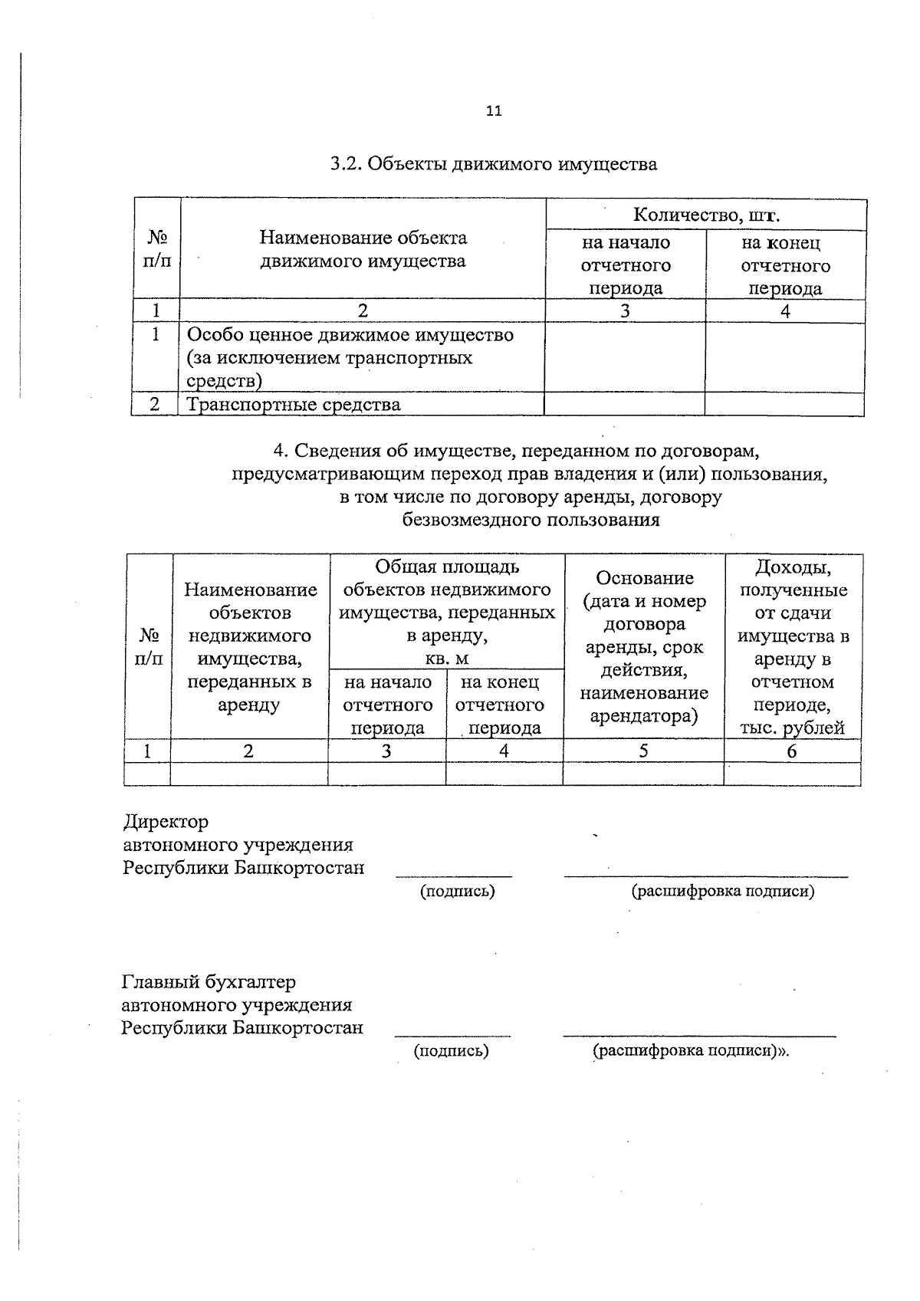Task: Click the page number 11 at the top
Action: [x=494, y=111]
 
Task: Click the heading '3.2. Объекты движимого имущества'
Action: [x=494, y=164]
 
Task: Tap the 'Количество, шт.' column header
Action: [x=706, y=215]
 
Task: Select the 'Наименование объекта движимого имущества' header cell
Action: [x=363, y=249]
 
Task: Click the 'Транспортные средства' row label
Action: [x=294, y=405]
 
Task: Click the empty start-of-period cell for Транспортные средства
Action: [x=624, y=405]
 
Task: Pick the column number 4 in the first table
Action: [x=785, y=311]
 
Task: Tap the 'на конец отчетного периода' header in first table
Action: [x=785, y=265]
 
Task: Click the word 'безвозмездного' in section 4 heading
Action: [x=473, y=521]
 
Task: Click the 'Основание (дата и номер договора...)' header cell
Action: [x=644, y=647]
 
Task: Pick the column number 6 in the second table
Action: [x=791, y=751]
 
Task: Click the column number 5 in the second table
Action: [x=643, y=751]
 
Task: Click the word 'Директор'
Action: [x=166, y=822]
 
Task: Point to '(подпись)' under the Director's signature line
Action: [x=457, y=891]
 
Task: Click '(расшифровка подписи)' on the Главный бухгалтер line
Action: [x=689, y=1051]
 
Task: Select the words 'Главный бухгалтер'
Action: [x=209, y=982]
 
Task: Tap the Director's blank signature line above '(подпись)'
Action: [x=454, y=875]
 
